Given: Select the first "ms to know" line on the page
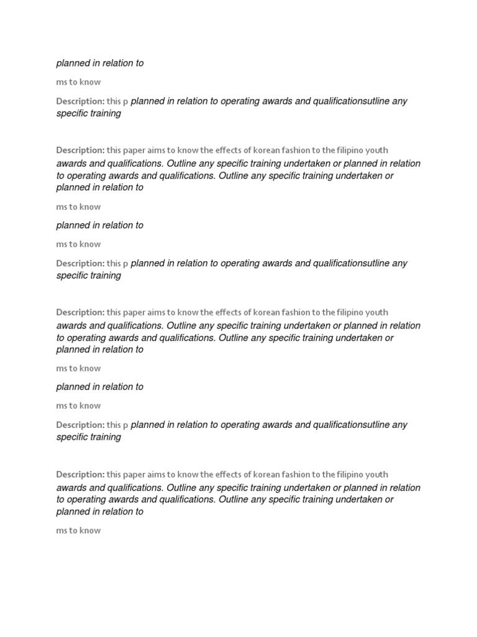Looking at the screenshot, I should point(78,82).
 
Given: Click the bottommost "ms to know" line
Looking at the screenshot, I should point(78,531).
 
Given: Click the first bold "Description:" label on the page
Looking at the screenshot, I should point(80,101).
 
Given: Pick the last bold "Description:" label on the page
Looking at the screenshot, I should point(80,475).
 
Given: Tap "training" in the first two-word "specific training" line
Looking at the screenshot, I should point(105,114).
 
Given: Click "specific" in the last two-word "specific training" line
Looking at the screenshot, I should point(71,437).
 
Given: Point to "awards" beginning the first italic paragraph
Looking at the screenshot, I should point(71,164).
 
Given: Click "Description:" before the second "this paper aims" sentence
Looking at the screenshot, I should point(80,312).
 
